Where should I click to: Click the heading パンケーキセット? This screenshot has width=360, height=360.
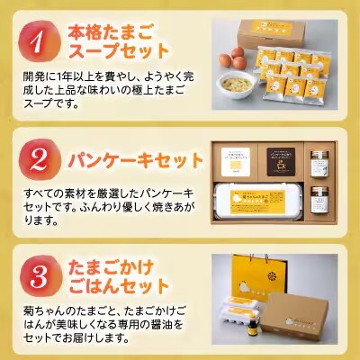[136, 160]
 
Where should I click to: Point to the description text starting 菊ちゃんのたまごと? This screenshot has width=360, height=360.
[104, 326]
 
